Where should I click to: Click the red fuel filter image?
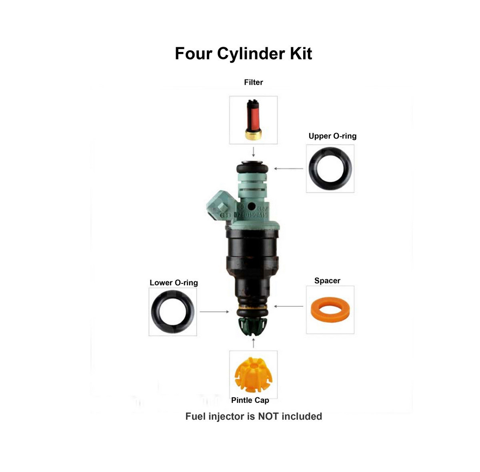(x=253, y=120)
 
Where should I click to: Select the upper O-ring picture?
(x=330, y=169)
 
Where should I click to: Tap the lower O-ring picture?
(x=173, y=312)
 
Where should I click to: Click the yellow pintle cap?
(x=253, y=375)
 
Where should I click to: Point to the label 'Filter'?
(x=254, y=82)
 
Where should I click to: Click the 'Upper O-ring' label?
(x=332, y=136)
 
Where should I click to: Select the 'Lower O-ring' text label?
(x=174, y=283)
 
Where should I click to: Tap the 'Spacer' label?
(x=327, y=281)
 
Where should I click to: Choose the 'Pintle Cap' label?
(x=250, y=400)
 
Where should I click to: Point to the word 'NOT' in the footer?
(x=269, y=416)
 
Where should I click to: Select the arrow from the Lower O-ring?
(x=214, y=311)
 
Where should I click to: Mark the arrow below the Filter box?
(x=253, y=151)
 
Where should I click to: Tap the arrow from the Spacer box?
(x=289, y=307)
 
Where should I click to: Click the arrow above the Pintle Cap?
(x=253, y=343)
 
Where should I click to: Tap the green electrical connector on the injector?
(x=220, y=205)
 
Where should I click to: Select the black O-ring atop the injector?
(x=252, y=167)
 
